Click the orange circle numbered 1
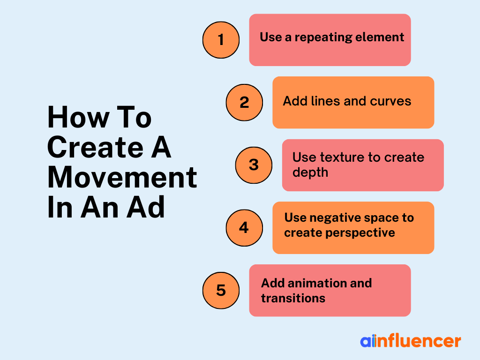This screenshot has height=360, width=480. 221,40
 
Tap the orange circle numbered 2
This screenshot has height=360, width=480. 244,102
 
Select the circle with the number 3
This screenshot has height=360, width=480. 254,165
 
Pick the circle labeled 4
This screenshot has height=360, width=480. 244,228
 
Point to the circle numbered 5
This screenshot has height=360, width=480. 221,291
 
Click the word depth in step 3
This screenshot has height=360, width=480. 310,172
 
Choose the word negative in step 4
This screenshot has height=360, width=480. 332,218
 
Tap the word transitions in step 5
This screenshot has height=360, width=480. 293,298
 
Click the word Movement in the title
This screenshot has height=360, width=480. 122,177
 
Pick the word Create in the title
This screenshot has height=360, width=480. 96,147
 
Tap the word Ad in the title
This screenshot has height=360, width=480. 146,207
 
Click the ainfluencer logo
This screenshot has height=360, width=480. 411,341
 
